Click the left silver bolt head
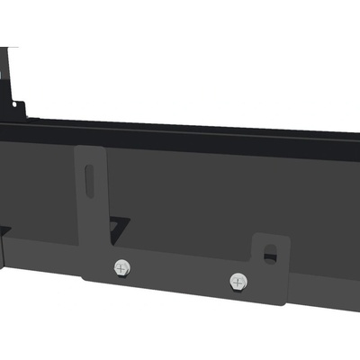(121, 267)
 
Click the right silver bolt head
(238, 281)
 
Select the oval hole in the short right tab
(270, 256)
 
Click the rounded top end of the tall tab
(91, 150)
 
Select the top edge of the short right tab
(270, 236)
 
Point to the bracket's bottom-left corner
(85, 276)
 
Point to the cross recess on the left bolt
(121, 267)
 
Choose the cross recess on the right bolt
(238, 281)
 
